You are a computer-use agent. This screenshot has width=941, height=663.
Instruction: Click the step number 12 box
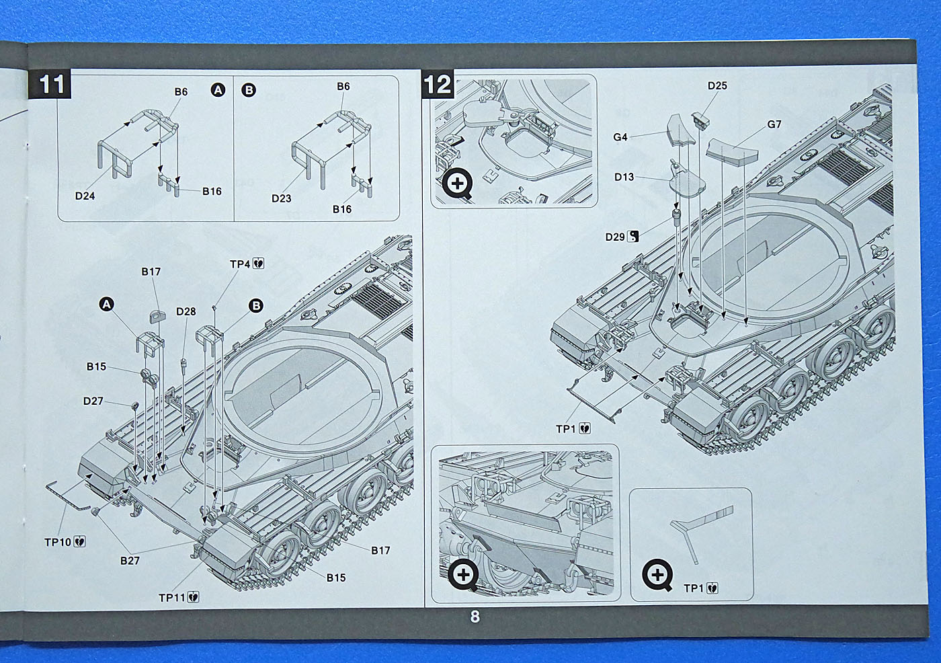pos(436,85)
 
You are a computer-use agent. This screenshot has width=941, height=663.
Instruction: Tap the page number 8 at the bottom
pos(475,617)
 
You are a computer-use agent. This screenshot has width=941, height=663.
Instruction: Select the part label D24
pos(85,196)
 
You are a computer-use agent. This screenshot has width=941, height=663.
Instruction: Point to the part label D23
pos(281,198)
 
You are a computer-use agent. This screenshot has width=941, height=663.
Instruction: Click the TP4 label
pos(240,264)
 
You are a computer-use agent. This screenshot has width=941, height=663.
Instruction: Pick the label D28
pos(186,311)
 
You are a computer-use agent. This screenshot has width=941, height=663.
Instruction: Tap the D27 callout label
pos(93,401)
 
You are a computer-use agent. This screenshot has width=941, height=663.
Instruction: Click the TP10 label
pos(58,542)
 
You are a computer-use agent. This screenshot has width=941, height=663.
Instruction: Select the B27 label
pos(130,560)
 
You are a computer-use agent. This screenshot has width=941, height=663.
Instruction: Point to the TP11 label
pos(172,597)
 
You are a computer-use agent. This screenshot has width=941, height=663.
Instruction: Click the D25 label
pos(717,85)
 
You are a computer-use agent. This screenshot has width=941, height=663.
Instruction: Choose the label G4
pos(620,137)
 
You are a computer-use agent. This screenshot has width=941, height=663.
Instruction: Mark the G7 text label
pos(774,124)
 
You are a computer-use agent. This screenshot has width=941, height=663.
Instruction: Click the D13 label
pos(624,177)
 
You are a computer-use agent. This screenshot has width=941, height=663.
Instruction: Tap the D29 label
pos(615,237)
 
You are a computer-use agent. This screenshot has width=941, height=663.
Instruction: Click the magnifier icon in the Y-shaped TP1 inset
pos(657,576)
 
